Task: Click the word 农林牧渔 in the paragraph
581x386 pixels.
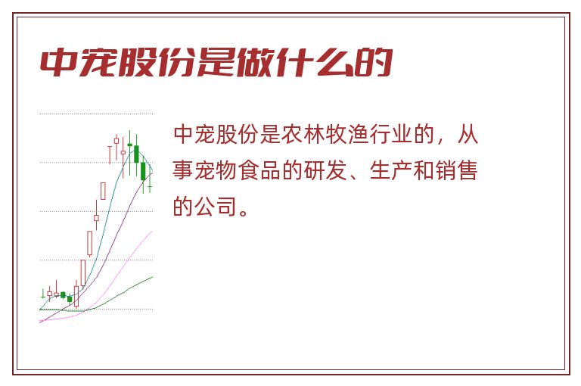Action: [325, 134]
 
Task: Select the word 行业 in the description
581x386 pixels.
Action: [391, 134]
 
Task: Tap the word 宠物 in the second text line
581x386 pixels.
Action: [216, 170]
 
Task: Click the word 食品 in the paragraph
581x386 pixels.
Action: [259, 170]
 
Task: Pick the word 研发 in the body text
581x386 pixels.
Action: [325, 170]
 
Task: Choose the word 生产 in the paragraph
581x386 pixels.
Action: [391, 170]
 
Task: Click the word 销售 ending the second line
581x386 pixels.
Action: [456, 170]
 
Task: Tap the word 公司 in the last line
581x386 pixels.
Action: [216, 207]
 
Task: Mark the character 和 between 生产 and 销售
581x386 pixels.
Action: [424, 170]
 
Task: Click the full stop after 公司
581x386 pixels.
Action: [244, 213]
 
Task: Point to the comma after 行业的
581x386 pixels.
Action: [440, 141]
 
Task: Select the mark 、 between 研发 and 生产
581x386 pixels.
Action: [353, 176]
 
